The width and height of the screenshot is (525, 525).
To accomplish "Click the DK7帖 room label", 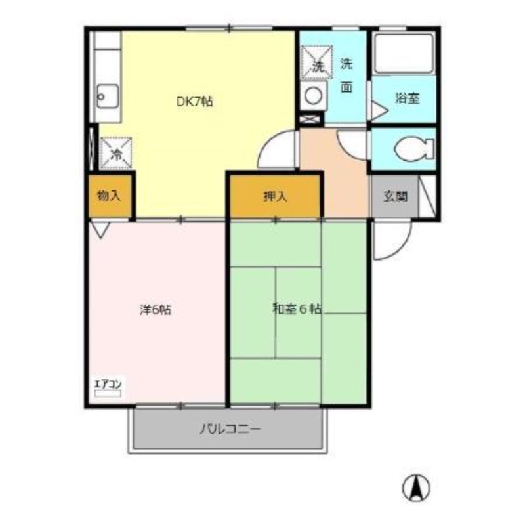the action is point(194,102).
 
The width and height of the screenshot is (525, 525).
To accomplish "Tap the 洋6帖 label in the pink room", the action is point(156,310).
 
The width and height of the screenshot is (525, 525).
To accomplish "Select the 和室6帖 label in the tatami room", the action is point(297,308).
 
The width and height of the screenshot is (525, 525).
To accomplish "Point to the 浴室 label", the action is point(407,98).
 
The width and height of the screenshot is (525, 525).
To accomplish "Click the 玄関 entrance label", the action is point(396,196).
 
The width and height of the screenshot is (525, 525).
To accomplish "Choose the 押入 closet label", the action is point(275,196).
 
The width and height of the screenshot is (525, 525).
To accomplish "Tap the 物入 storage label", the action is point(108,196).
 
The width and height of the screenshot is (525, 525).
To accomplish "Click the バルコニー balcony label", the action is point(230,429).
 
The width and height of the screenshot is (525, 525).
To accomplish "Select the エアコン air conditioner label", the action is point(108,384).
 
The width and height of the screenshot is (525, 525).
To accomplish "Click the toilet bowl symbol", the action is point(414,149).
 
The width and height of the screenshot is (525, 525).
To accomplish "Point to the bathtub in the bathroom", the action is point(404,54).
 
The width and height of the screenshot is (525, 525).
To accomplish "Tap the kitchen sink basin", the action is point(108,96).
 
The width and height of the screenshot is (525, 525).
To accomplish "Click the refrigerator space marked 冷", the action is point(116,154).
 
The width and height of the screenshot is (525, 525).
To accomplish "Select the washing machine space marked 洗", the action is point(317,62).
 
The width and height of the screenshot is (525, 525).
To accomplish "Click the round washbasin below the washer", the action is point(314,95).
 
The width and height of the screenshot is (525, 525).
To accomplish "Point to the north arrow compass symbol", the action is point(416,488).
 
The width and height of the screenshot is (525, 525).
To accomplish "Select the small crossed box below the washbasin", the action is point(309,119).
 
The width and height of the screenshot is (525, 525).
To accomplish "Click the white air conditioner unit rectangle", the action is point(108,393).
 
